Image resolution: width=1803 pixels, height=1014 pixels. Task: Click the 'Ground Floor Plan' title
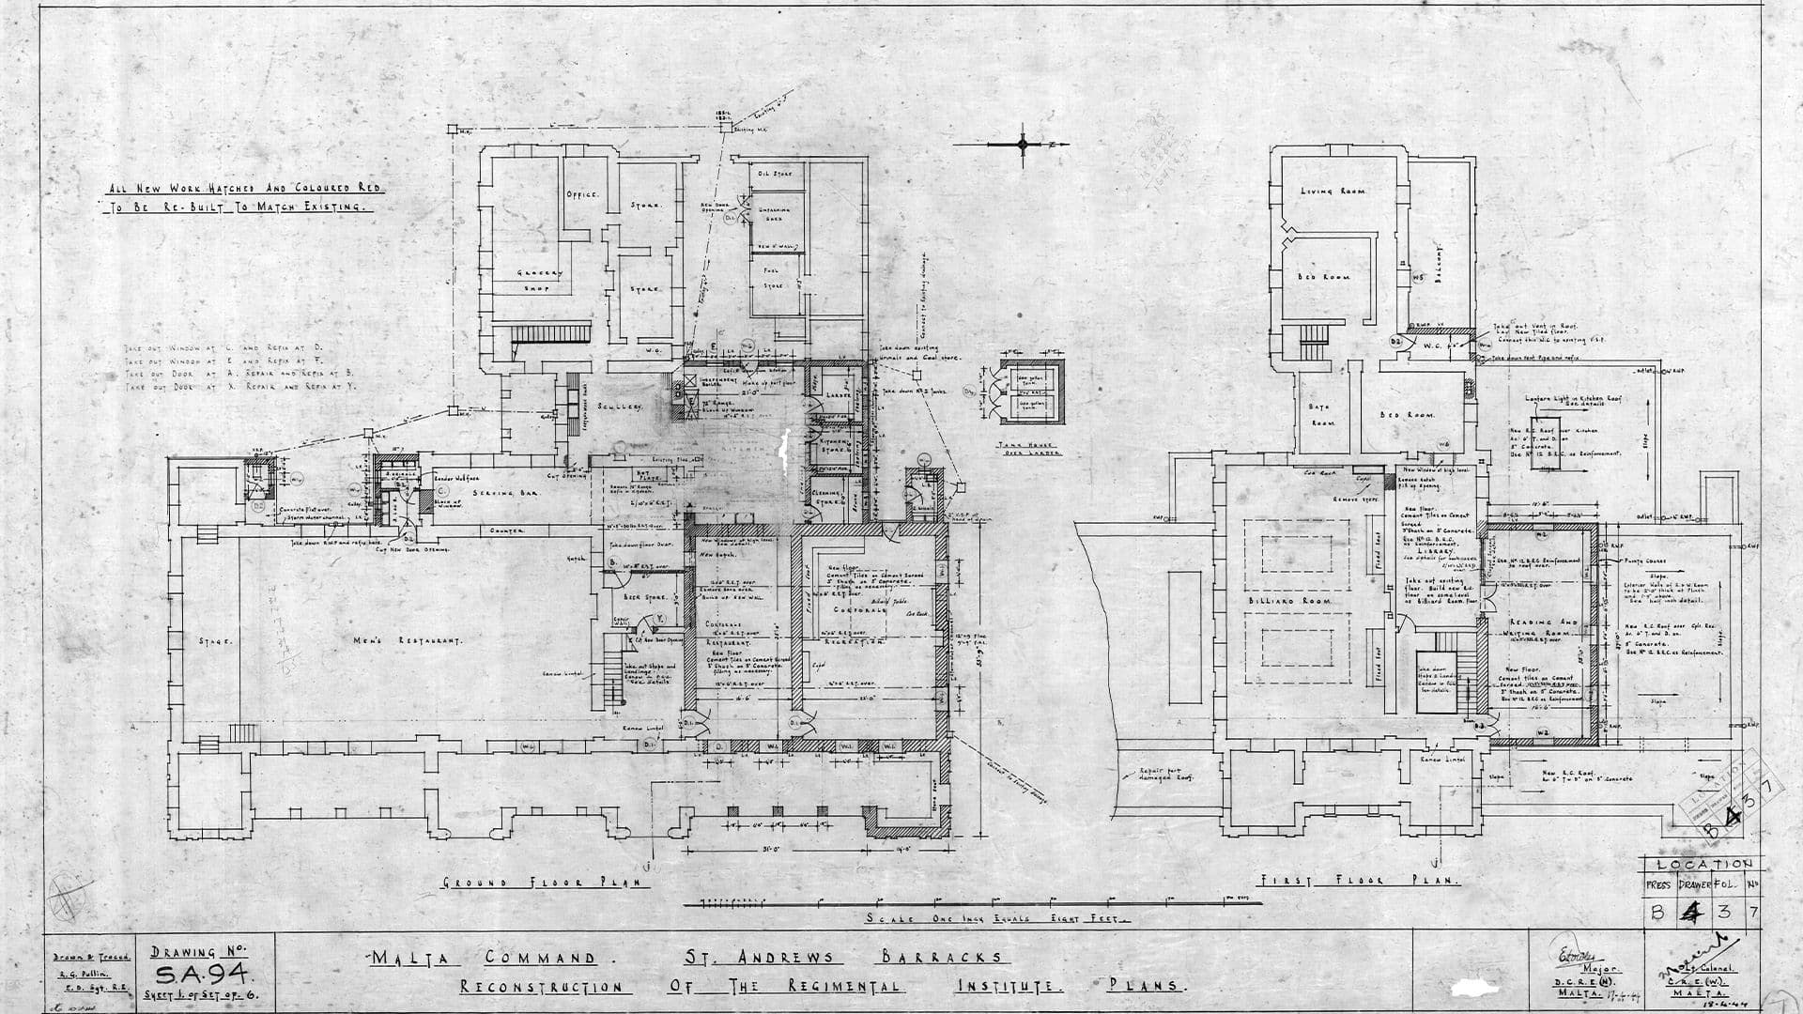point(545,883)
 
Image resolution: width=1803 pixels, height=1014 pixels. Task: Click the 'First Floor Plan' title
point(1359,881)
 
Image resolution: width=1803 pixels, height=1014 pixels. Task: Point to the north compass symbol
point(1024,144)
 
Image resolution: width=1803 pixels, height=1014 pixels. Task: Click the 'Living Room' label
point(1333,191)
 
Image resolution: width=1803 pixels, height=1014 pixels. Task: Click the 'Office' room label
point(582,194)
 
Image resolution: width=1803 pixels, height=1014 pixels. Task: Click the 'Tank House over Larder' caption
point(1029,449)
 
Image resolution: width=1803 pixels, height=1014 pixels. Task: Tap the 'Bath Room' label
point(1323,414)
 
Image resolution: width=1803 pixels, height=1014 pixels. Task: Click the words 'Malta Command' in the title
point(484,959)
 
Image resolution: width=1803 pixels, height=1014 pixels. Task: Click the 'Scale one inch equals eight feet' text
point(997,918)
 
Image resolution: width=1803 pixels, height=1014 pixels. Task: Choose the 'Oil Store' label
point(776,174)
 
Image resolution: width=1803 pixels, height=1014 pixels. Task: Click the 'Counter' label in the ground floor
point(507,530)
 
